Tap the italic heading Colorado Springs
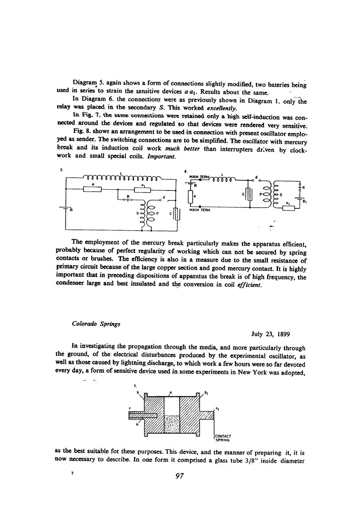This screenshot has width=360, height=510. (96, 324)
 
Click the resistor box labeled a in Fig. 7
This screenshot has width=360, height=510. (92, 189)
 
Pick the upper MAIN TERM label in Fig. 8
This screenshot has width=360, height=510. (199, 177)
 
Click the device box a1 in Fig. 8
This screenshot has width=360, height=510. (286, 208)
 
